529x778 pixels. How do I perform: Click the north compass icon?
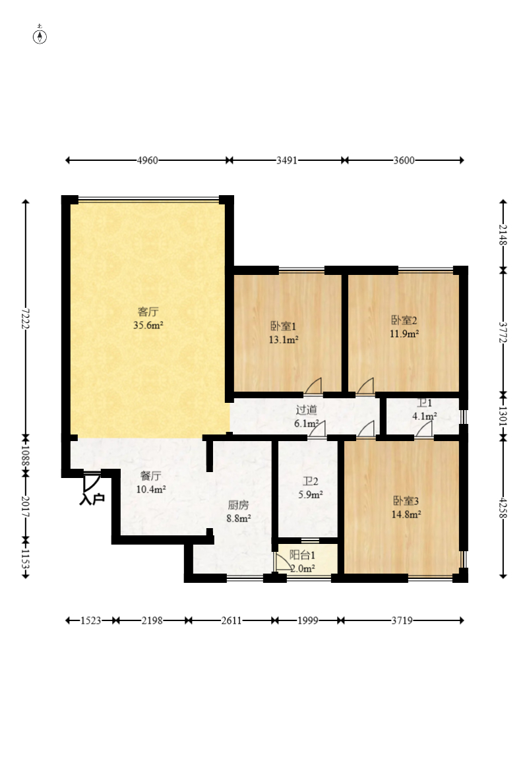(x=40, y=36)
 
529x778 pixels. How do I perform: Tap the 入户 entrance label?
(x=92, y=499)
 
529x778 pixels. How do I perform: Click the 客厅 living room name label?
(x=148, y=312)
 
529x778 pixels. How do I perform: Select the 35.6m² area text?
(x=148, y=326)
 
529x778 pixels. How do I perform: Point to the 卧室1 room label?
(x=284, y=326)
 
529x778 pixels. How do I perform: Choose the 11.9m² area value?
(x=404, y=334)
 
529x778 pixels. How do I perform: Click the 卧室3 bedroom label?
(x=406, y=500)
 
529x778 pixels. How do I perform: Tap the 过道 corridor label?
(x=306, y=410)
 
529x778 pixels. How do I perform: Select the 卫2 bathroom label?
(x=310, y=481)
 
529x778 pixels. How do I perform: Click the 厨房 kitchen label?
(x=238, y=505)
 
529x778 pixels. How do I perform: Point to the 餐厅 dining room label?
(x=150, y=476)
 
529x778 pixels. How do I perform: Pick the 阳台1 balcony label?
(x=302, y=554)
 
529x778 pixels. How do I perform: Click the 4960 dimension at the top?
(x=147, y=160)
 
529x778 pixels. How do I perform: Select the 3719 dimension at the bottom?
(x=402, y=620)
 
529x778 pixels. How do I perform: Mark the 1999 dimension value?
(x=307, y=620)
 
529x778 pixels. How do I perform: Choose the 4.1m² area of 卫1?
(x=425, y=416)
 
